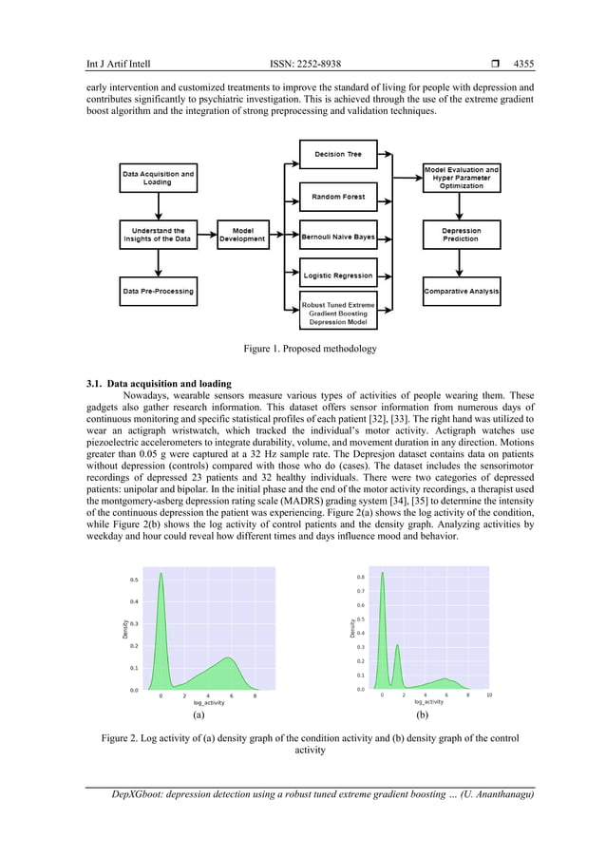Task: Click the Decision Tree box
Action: click(338, 152)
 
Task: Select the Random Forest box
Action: click(338, 197)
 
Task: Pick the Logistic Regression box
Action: click(338, 275)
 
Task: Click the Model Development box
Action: click(242, 234)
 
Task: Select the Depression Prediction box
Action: click(461, 234)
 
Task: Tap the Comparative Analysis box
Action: click(461, 291)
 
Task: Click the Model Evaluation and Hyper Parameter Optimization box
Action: click(461, 178)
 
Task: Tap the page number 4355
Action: click(522, 65)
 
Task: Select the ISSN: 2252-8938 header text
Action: click(305, 65)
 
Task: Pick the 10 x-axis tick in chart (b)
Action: click(489, 695)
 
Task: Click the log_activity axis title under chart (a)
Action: click(202, 703)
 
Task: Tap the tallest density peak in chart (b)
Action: click(383, 573)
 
